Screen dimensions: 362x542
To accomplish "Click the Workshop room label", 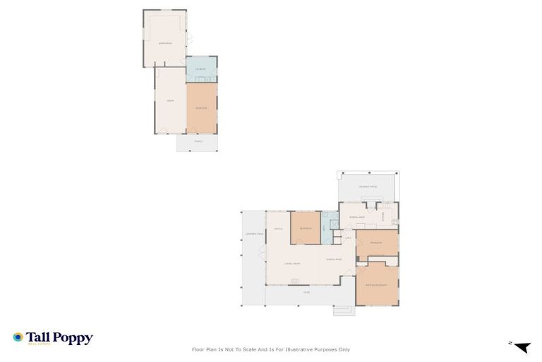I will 165,43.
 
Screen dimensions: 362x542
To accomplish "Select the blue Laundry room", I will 201,69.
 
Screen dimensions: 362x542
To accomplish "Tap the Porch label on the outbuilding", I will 198,142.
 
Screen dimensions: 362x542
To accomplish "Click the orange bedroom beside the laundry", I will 201,108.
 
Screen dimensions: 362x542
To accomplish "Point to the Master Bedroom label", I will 376,285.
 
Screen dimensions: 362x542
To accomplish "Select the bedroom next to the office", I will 306,228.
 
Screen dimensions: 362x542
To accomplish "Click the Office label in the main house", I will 278,228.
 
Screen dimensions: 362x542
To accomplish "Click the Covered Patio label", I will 368,187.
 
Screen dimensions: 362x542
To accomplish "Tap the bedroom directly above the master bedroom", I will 376,243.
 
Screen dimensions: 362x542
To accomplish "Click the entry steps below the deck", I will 344,309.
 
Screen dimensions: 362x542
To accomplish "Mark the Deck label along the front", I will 306,292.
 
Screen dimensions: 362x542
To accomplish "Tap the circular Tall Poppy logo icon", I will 18,338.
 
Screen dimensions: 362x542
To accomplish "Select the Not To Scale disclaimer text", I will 270,349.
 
